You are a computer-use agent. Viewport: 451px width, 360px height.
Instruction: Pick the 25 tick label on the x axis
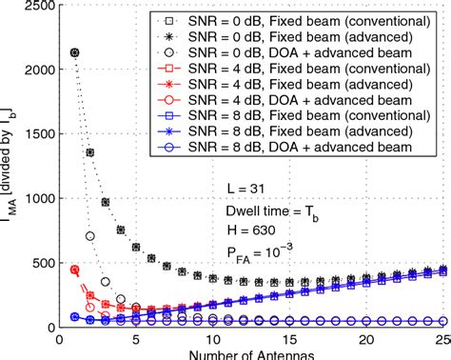pyautogui.click(x=441, y=340)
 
